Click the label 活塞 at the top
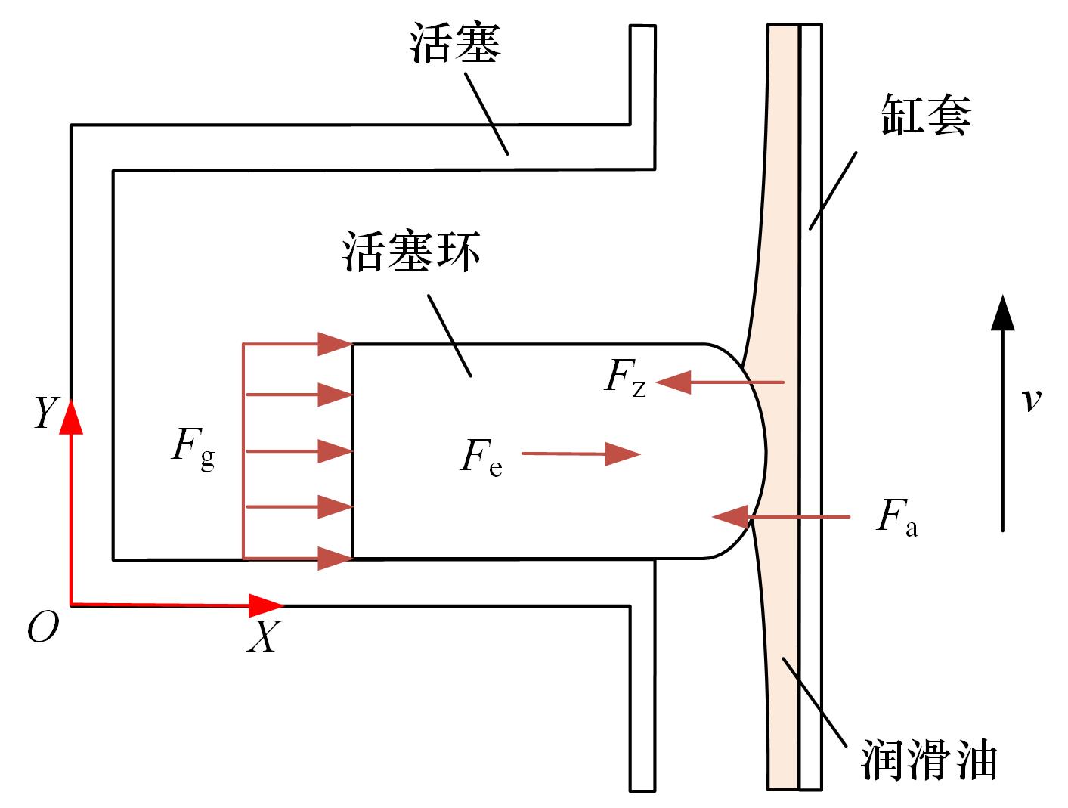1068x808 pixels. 454,43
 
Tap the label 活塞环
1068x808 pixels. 411,251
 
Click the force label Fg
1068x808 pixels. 193,448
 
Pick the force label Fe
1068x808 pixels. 481,458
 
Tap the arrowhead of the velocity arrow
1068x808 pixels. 1003,313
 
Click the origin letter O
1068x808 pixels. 43,627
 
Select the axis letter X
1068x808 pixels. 265,636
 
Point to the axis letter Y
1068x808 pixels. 47,411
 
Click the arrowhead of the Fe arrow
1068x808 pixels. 622,454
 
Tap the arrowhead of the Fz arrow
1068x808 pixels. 673,382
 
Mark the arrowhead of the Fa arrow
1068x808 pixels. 730,516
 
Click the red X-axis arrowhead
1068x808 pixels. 265,605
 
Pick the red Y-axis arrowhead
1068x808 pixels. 71,416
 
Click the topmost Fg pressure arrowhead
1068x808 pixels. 336,344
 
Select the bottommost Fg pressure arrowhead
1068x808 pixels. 336,558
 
